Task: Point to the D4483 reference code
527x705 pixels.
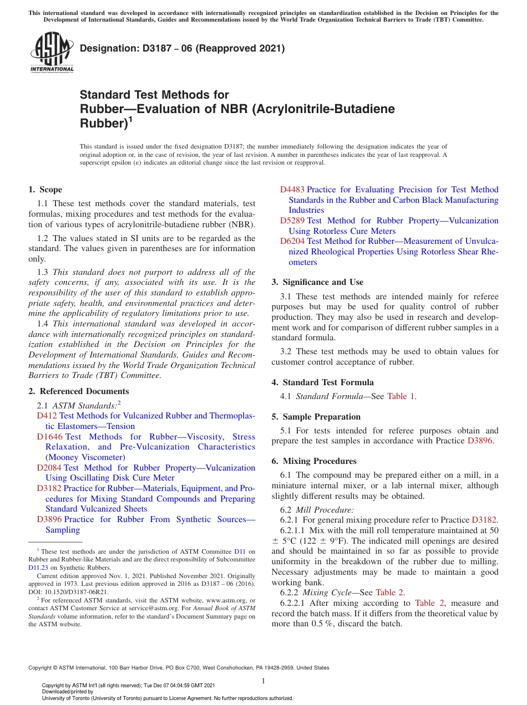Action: coord(292,190)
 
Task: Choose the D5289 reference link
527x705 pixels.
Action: coord(292,221)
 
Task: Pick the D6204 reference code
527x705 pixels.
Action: coord(292,241)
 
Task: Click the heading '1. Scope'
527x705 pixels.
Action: coord(45,190)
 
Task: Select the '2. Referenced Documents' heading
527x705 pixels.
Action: coord(78,391)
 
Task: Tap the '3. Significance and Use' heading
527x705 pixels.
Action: coord(317,282)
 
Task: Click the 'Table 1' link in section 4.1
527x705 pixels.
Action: coord(401,396)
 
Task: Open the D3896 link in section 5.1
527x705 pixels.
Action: coord(480,441)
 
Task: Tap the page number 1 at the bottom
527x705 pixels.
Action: coord(263,681)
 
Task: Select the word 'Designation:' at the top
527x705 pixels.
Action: coord(105,49)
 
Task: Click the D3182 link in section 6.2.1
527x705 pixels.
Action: coord(484,520)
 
